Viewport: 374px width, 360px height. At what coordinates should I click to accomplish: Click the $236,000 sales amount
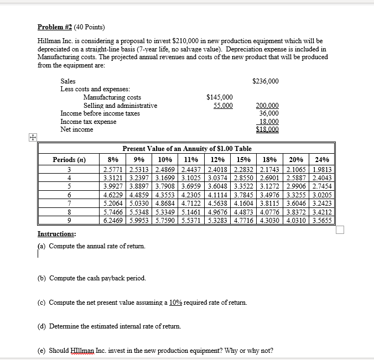[x=265, y=81]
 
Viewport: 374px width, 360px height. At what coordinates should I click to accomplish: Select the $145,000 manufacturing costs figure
[x=219, y=97]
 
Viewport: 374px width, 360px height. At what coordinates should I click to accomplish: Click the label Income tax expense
[x=88, y=121]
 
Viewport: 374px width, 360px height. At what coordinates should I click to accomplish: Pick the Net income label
[x=76, y=129]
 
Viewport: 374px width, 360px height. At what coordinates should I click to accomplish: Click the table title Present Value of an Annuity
[x=186, y=148]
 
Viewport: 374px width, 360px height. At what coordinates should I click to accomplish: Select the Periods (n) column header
[x=69, y=159]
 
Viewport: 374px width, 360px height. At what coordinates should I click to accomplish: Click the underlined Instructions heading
[x=56, y=234]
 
